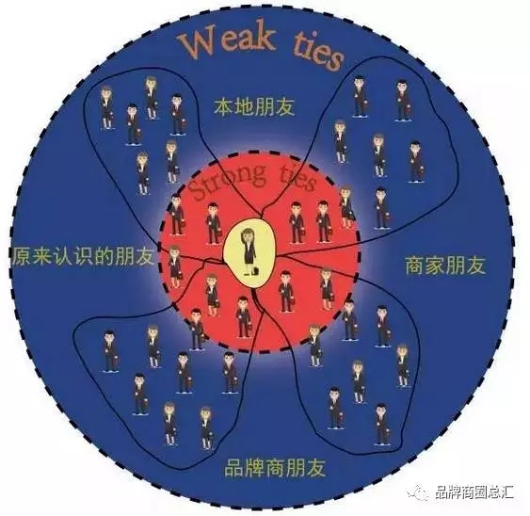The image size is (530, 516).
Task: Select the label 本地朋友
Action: click(254, 106)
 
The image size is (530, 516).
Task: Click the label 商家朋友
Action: click(445, 265)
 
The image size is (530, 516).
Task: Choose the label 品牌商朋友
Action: click(275, 467)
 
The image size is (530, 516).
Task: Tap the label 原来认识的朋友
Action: click(83, 256)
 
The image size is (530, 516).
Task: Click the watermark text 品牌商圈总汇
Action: click(474, 492)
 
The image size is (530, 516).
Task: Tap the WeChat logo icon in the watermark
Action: click(418, 492)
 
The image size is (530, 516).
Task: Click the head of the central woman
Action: click(249, 234)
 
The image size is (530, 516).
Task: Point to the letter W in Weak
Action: click(196, 47)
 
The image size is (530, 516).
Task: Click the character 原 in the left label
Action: click(21, 257)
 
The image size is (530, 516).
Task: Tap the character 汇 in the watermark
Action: click(507, 492)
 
